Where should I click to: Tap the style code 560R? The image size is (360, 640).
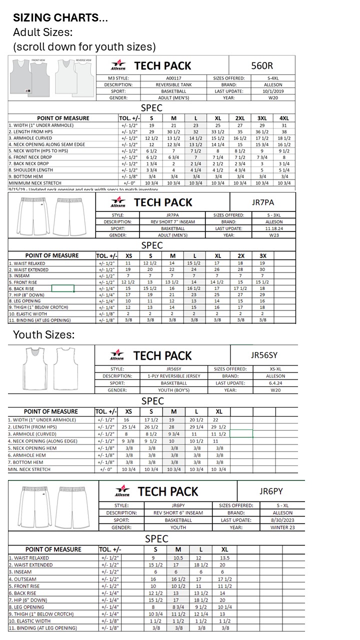coord(261,65)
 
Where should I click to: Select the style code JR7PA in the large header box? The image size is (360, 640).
coord(262,202)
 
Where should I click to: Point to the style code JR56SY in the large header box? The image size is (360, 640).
coord(263,355)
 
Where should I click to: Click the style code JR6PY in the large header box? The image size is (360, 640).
coord(271,491)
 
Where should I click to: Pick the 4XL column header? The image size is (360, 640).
coord(283,118)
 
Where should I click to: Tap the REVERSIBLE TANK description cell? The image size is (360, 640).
coord(173,85)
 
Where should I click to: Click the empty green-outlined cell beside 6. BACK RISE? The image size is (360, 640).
coord(62,288)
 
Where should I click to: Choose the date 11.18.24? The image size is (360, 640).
coord(274,228)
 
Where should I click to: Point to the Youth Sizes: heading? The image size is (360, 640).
coord(43,334)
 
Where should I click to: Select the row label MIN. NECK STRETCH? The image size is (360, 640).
coord(29,469)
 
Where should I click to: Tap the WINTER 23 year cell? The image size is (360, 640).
coord(283,527)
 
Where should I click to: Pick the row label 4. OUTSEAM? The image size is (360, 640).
coord(22,579)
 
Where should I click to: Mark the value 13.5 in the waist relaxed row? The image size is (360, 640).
coord(225,557)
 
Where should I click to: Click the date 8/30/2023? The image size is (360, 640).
coord(283,520)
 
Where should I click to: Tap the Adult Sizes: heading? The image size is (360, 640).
coord(42,32)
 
